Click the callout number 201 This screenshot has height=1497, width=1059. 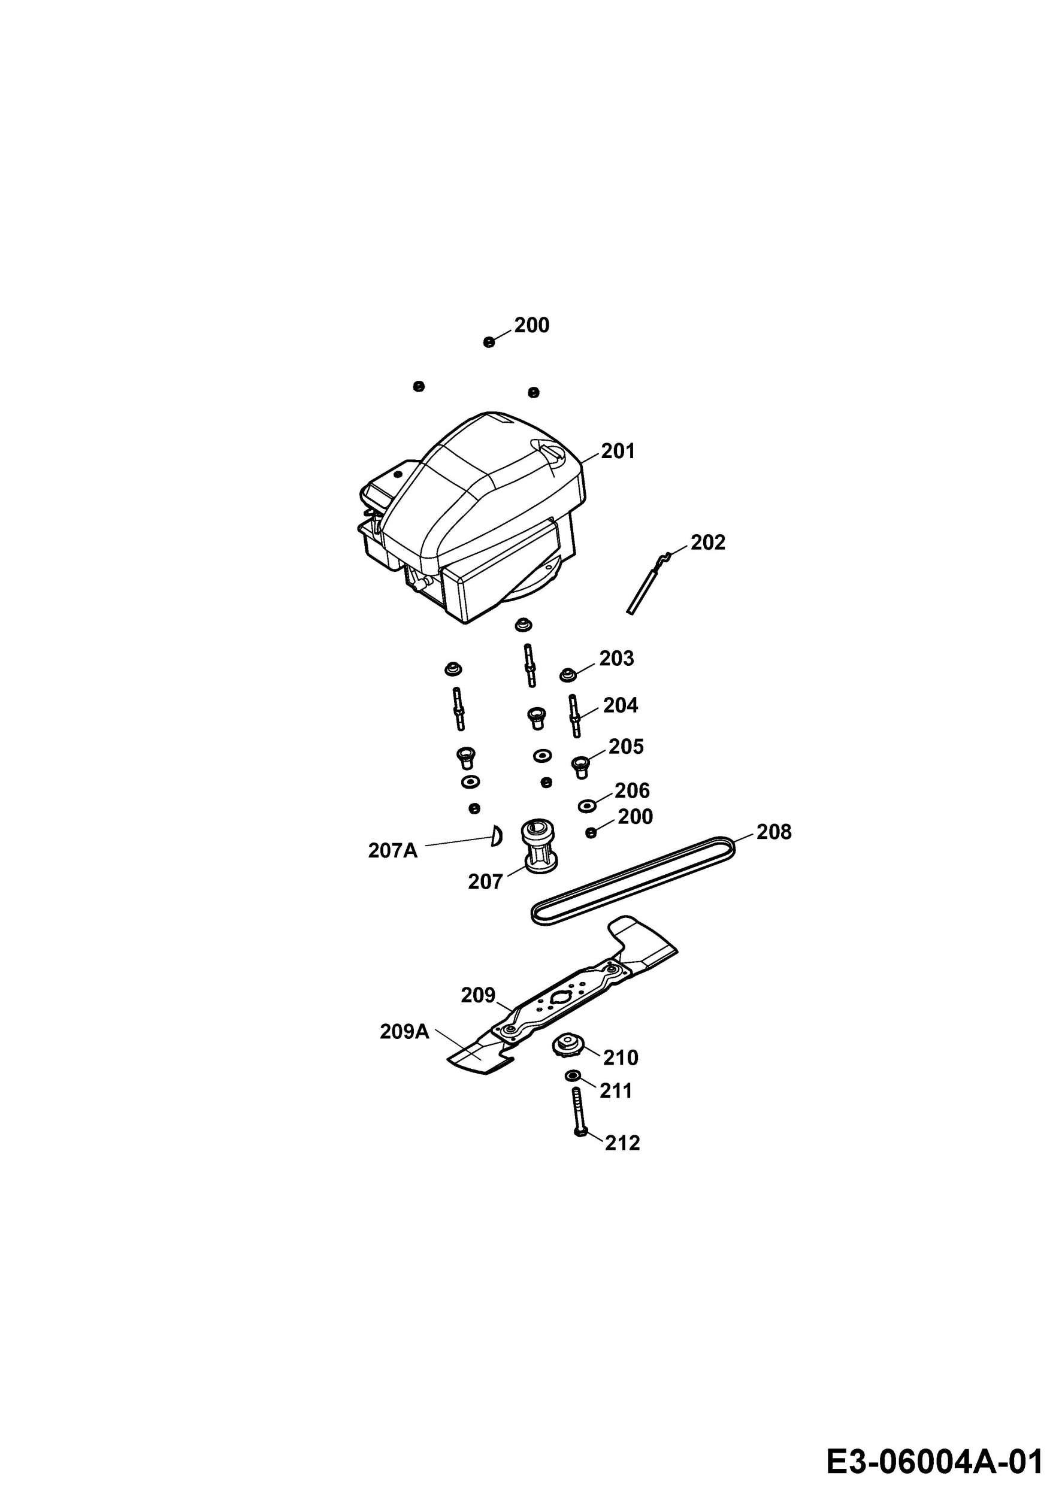pos(618,451)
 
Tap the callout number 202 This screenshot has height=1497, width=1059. pos(707,543)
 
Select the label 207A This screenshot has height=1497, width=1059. pos(392,851)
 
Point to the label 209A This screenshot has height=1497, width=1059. pos(404,1032)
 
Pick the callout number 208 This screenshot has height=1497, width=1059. pos(774,832)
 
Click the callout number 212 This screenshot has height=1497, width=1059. pos(623,1143)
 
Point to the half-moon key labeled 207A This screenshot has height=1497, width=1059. pos(497,836)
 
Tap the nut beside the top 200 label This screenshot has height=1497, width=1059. pos(489,343)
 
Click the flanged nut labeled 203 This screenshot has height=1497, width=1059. pos(568,674)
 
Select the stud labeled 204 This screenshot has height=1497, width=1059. pos(574,716)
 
